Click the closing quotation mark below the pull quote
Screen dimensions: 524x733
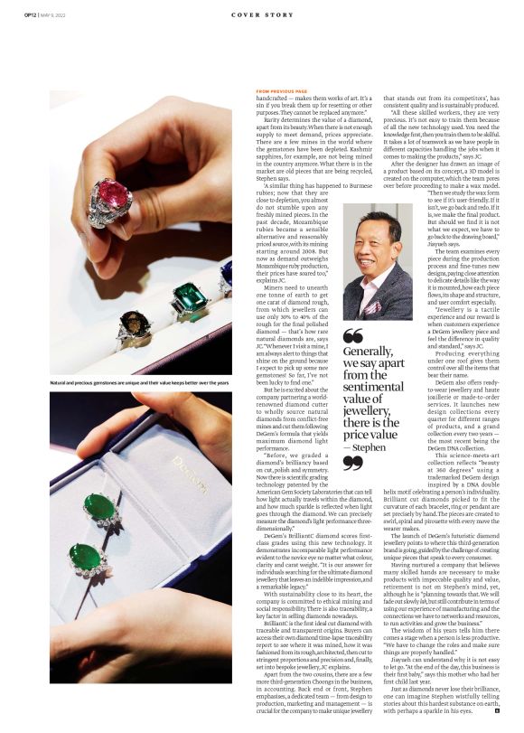352,463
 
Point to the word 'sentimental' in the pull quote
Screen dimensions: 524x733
371,387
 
